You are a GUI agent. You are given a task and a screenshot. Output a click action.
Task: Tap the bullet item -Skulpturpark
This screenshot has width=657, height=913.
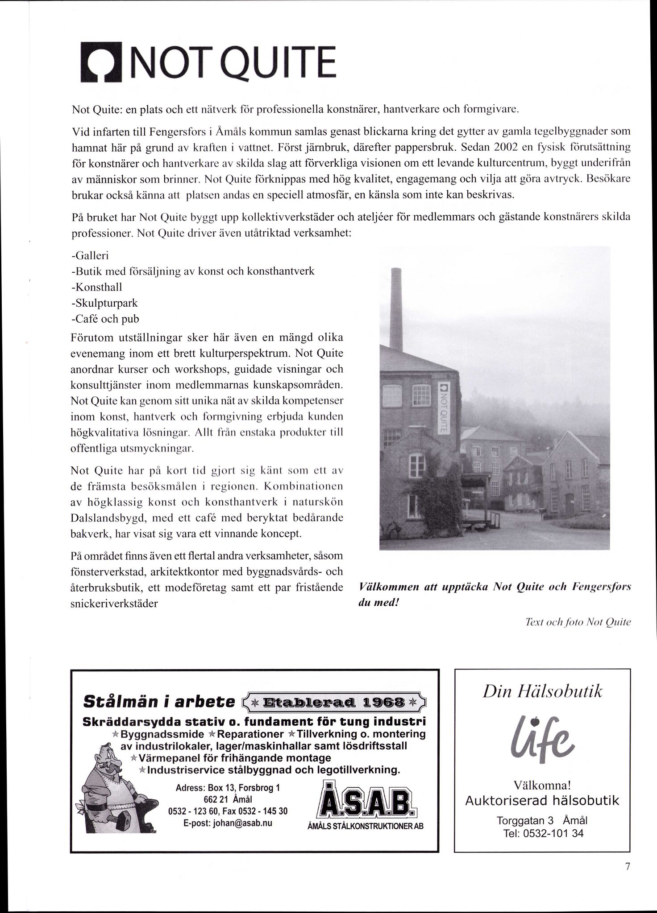point(104,303)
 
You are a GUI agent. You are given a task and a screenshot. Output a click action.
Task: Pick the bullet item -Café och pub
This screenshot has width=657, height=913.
point(105,319)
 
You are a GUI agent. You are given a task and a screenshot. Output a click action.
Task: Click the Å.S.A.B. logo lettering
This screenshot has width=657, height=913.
point(366,804)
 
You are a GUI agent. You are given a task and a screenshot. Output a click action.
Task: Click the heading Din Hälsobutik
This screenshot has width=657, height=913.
point(542,692)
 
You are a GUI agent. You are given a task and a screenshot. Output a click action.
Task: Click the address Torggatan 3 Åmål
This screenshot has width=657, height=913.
point(542,820)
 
